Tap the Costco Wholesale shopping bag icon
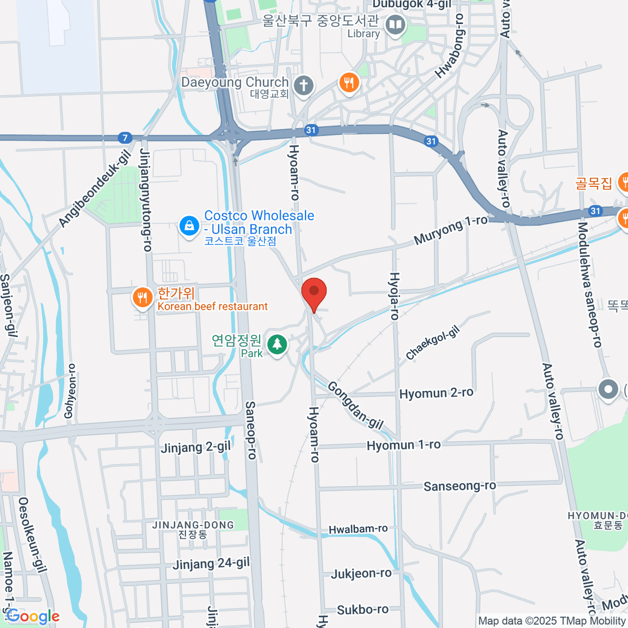click(189, 226)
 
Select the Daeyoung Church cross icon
click(303, 85)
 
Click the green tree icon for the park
click(277, 345)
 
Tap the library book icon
click(396, 25)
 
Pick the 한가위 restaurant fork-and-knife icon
click(142, 298)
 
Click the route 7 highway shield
click(125, 138)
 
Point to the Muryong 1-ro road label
click(450, 230)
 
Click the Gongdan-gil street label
click(355, 405)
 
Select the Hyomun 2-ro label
click(436, 393)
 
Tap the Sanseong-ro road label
click(459, 486)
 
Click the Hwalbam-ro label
click(358, 529)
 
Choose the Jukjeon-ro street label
click(361, 574)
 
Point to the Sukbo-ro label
click(363, 610)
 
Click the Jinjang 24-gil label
click(211, 564)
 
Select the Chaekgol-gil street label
click(433, 343)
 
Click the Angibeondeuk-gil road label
click(95, 188)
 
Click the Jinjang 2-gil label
click(195, 447)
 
